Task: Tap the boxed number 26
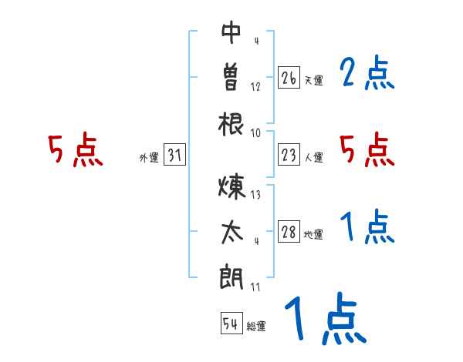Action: (289, 78)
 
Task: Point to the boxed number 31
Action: (174, 156)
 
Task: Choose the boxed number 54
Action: (231, 323)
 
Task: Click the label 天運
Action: (313, 80)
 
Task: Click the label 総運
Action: (256, 326)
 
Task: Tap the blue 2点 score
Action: (367, 75)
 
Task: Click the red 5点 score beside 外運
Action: (75, 150)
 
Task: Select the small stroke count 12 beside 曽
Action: (255, 87)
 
